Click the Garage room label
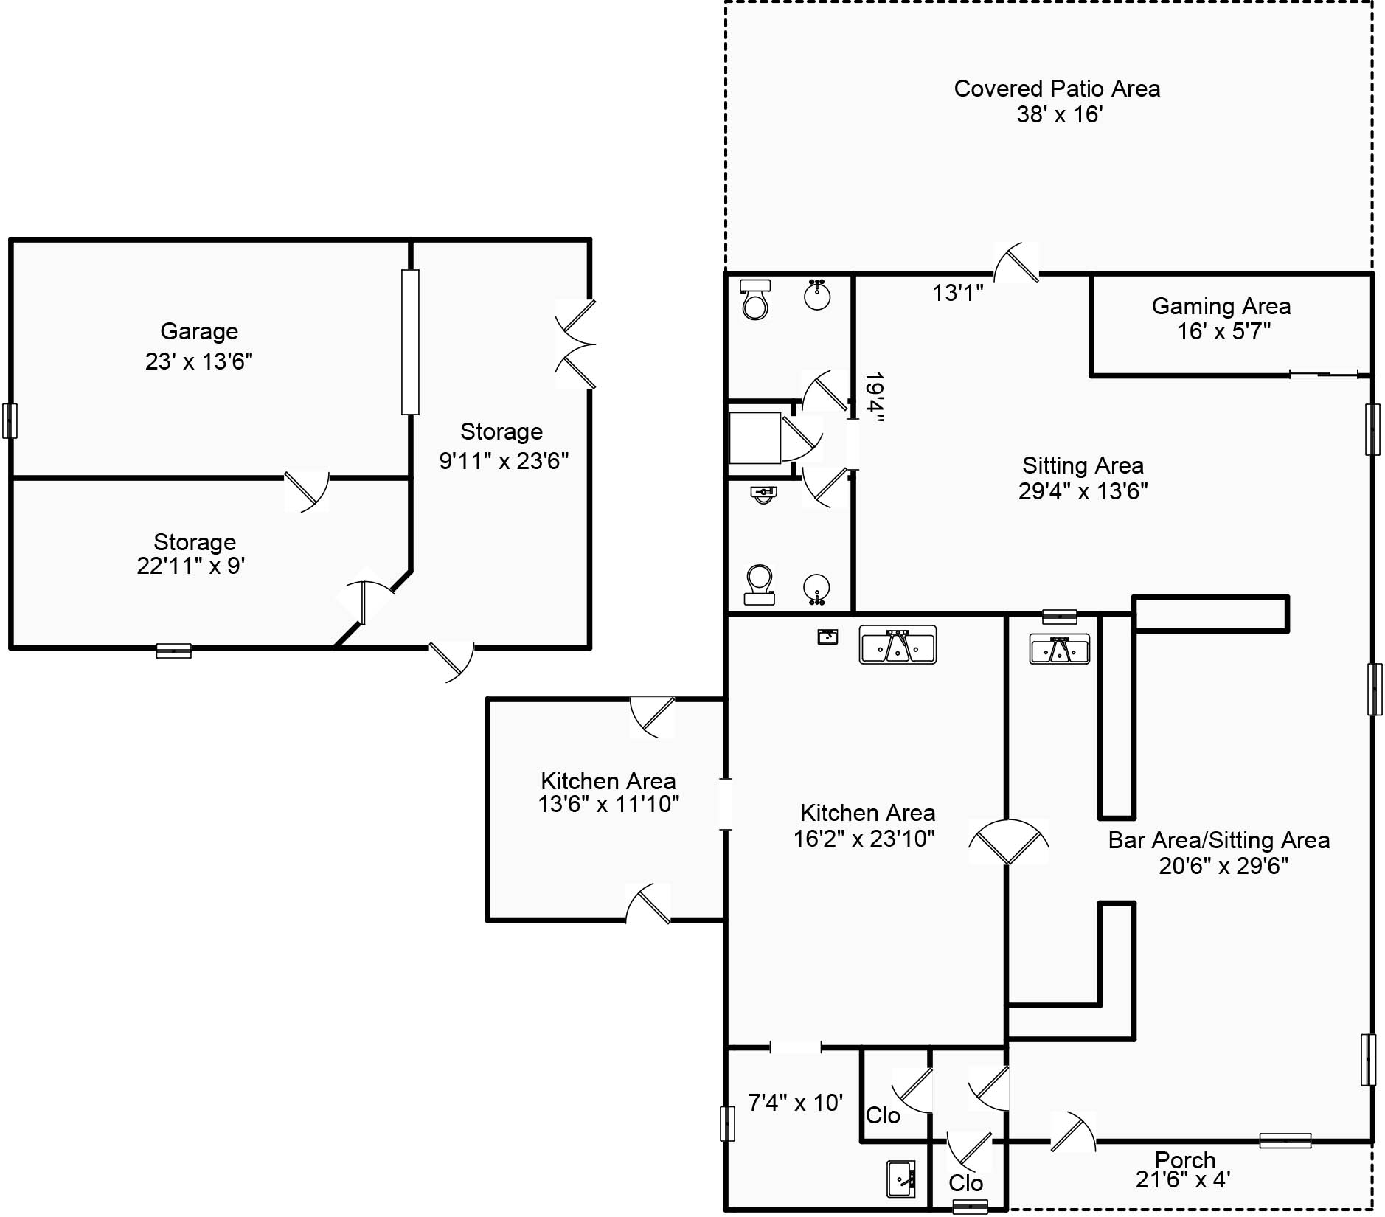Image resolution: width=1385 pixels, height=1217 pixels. click(199, 332)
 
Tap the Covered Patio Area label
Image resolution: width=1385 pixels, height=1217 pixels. click(1057, 89)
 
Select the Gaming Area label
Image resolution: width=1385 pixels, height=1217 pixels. click(1221, 306)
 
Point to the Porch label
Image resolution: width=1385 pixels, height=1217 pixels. click(1185, 1160)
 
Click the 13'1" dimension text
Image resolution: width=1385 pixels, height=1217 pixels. click(958, 293)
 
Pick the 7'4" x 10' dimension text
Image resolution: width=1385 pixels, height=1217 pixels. click(795, 1103)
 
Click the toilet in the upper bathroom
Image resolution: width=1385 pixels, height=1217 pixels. click(755, 299)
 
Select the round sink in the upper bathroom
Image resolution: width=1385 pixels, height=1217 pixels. click(817, 294)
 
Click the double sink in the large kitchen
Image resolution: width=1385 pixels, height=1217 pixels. click(898, 645)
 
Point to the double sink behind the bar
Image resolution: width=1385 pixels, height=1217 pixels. click(1060, 650)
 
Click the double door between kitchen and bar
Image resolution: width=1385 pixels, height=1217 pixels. click(1008, 842)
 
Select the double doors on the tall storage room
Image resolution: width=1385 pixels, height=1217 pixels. click(575, 344)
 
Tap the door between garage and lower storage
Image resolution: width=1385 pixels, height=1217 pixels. click(307, 490)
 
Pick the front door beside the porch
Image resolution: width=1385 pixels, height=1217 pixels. click(1072, 1131)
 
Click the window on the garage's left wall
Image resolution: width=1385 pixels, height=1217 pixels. click(10, 421)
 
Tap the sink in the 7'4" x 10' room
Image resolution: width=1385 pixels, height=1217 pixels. click(901, 1179)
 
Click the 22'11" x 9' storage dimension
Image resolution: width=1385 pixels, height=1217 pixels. click(191, 566)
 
